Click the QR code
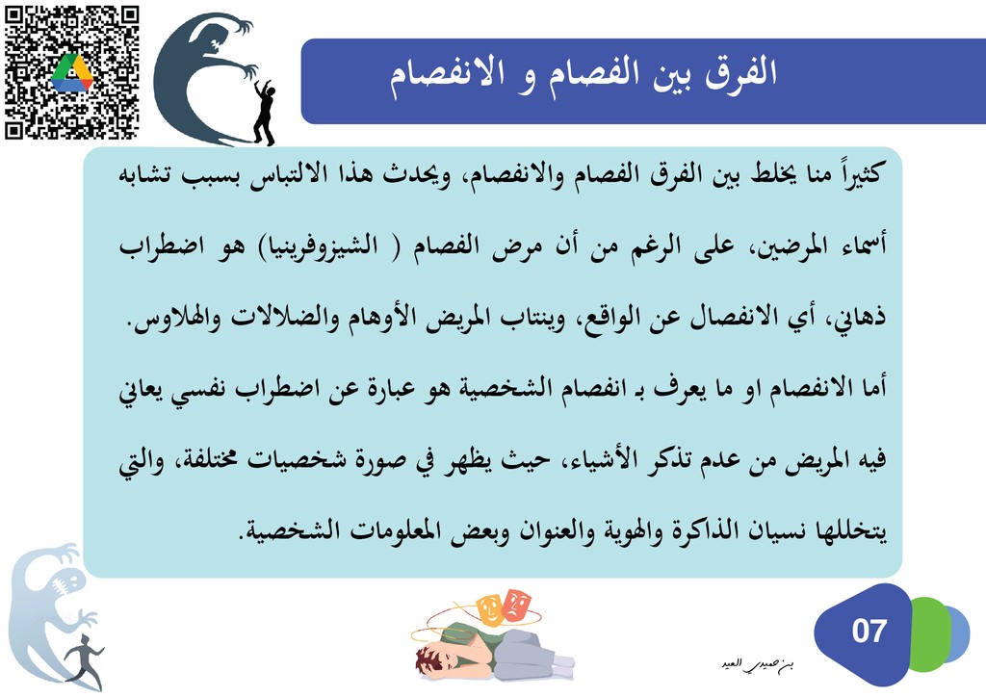(x=71, y=72)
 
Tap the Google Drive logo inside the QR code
(x=71, y=72)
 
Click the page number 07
(x=869, y=631)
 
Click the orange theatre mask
(x=491, y=608)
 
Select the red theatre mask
(x=518, y=605)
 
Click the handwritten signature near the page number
(x=759, y=665)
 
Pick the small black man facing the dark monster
(x=264, y=114)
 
